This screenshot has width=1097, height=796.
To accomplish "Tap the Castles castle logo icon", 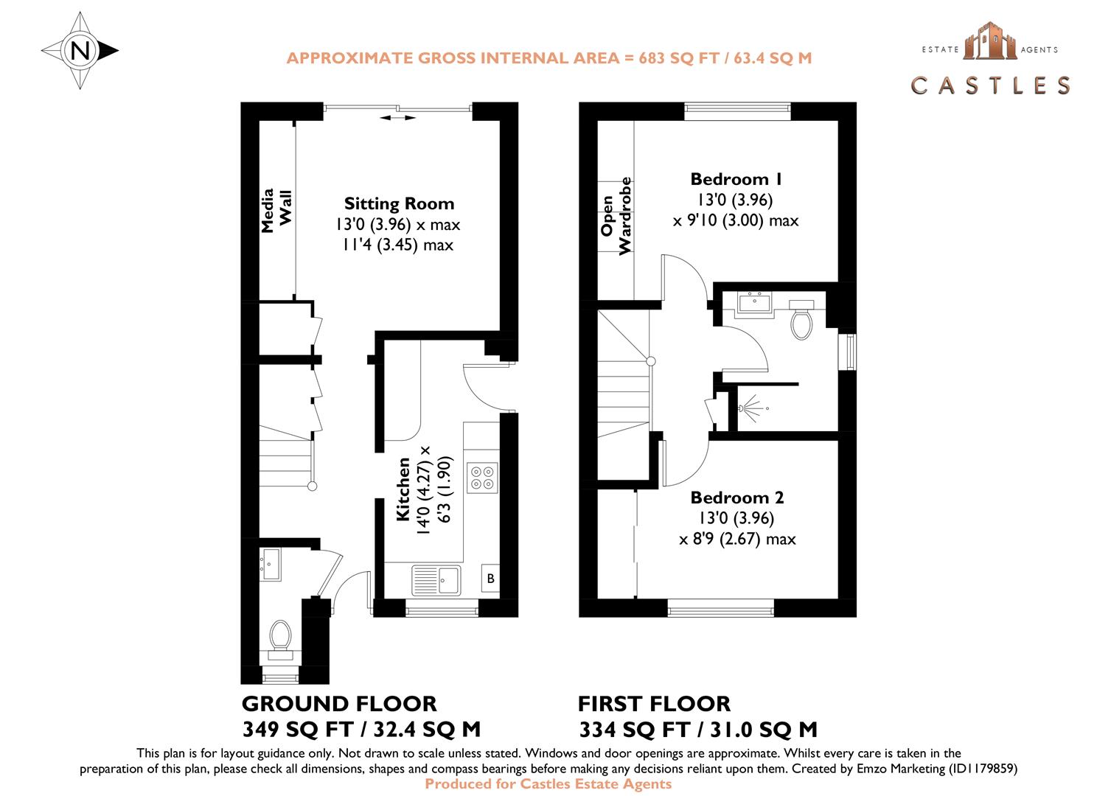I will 989,41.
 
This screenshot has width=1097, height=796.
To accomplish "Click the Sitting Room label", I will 399,203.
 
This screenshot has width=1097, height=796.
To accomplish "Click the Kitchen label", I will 403,489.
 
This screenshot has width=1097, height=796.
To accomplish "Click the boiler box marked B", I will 490,579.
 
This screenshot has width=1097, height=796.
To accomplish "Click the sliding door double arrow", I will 398,117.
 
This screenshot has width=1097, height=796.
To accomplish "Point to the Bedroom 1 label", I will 736,179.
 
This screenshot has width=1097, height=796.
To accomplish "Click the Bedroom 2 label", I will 736,497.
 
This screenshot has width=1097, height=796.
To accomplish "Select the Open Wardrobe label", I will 616,216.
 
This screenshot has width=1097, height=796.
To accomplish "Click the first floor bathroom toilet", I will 801,319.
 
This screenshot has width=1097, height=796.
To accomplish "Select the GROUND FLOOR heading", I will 339,703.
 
